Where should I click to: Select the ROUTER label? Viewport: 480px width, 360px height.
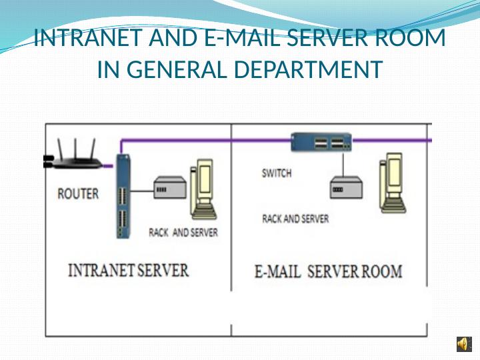tap(78, 194)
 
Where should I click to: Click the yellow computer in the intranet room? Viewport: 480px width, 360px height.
tap(203, 189)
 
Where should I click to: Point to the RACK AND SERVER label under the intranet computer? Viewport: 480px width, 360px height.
tap(183, 233)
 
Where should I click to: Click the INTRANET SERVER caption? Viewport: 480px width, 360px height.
tap(129, 270)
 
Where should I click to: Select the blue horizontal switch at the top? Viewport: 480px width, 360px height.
tap(321, 141)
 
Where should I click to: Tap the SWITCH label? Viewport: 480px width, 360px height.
tap(276, 173)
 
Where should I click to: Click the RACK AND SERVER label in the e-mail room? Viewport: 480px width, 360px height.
tap(295, 219)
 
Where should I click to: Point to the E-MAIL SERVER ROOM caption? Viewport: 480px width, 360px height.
tap(329, 271)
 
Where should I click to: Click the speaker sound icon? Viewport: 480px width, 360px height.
tap(462, 343)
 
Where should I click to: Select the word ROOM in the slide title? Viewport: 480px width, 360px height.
tap(415, 39)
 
